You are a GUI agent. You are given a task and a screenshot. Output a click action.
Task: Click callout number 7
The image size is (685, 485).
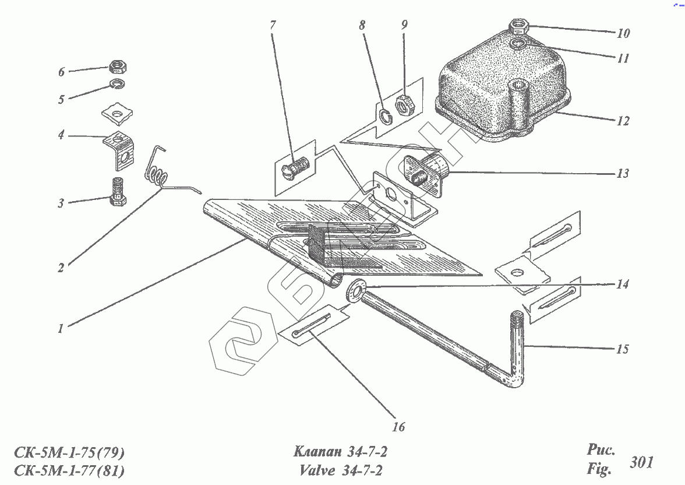pos(273,26)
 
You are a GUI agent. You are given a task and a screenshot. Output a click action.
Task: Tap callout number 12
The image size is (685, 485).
pos(623,121)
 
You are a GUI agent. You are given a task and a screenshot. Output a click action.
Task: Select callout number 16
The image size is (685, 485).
pos(398,427)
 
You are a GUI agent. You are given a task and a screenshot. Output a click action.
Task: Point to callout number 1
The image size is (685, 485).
pos(60,328)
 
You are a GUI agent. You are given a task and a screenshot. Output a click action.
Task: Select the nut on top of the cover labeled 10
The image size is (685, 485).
pos(518,27)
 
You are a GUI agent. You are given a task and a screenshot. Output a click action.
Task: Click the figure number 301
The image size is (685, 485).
pos(641,463)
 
